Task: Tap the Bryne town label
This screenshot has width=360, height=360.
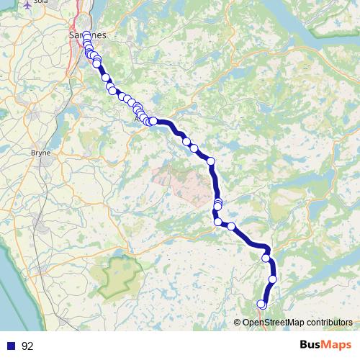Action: pos(40,153)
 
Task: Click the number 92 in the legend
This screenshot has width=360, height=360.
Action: pos(27,346)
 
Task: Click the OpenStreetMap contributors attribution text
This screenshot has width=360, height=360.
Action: pos(297,323)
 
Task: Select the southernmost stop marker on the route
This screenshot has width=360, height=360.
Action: pos(262,305)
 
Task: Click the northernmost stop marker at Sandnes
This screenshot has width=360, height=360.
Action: pos(86,35)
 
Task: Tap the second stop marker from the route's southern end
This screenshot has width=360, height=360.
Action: pos(273,279)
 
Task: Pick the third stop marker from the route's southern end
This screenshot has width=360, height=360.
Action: pos(266,258)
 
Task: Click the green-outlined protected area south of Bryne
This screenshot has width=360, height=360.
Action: pos(120,276)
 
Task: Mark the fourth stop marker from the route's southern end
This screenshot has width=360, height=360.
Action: pos(231,226)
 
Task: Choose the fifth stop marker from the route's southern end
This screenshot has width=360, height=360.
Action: pos(217,222)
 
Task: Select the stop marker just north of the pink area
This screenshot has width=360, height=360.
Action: pos(212,161)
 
